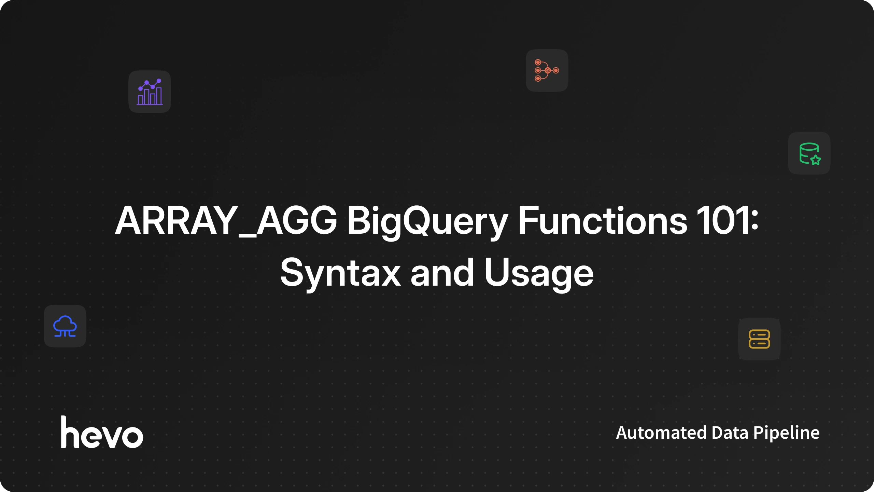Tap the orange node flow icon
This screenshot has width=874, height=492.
(547, 70)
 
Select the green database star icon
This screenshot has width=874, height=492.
(809, 153)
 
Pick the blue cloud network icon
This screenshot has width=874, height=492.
(65, 326)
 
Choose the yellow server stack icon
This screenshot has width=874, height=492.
(759, 339)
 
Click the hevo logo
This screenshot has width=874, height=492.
(102, 432)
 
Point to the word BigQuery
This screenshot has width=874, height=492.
(427, 222)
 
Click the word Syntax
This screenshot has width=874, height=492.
(340, 274)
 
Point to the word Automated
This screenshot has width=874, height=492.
(661, 433)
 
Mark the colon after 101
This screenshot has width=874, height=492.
(755, 222)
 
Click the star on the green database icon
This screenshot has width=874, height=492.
(816, 160)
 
